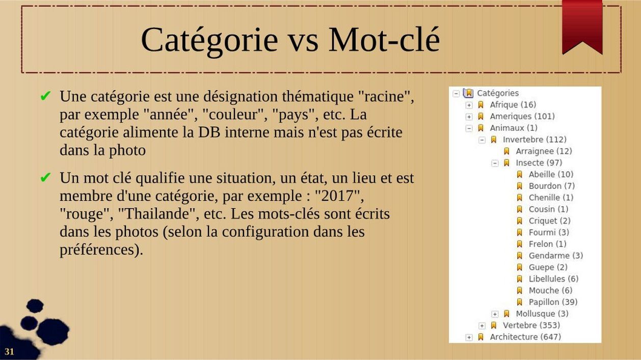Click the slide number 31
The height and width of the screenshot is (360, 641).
9,351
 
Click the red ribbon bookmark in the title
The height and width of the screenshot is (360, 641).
582,26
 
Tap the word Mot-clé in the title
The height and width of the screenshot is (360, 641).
384,40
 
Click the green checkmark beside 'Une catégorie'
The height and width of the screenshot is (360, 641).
45,96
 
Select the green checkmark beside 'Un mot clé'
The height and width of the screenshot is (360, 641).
45,177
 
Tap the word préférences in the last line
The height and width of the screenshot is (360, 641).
96,250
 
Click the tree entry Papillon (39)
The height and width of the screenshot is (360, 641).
553,302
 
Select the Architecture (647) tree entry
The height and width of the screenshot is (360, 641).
525,337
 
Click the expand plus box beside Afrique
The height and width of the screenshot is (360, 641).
469,105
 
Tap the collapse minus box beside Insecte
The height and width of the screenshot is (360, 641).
495,163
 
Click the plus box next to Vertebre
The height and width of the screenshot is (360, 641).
482,326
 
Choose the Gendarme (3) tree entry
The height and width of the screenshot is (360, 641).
555,255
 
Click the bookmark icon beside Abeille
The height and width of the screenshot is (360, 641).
520,175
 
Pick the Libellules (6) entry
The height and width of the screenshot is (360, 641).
553,279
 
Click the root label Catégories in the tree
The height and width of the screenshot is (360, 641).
498,93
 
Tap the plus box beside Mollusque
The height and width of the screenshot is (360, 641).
495,314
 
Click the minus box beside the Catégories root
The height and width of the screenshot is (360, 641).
456,94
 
